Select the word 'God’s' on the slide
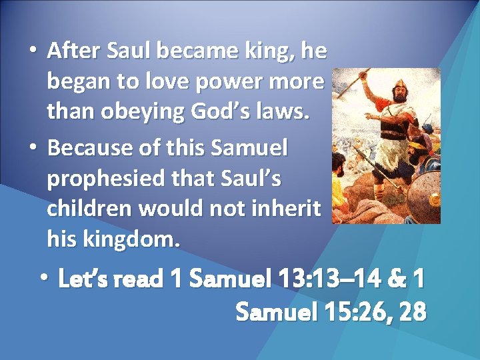[218, 113]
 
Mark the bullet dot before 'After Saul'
[33, 51]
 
